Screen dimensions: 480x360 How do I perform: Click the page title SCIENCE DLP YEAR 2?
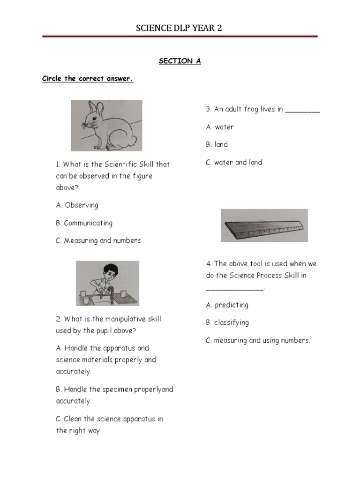point(179,29)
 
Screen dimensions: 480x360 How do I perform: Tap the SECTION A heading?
point(180,61)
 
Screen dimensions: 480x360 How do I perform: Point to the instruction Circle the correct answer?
point(88,79)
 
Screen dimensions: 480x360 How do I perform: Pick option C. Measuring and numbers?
point(98,240)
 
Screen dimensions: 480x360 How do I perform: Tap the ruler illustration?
point(264,225)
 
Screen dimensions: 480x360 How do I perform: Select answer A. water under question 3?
point(219,127)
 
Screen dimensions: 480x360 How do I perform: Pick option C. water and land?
point(234,162)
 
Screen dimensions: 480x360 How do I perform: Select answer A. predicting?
point(227,305)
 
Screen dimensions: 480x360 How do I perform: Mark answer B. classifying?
point(227,322)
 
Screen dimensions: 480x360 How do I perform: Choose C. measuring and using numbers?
point(258,340)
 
